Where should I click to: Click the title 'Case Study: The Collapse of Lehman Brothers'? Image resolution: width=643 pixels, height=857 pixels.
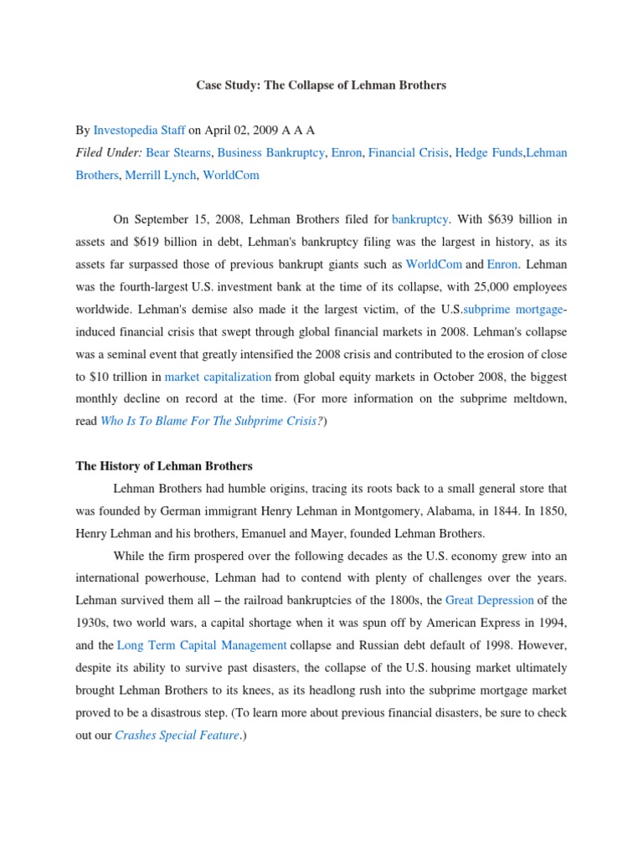[x=321, y=85]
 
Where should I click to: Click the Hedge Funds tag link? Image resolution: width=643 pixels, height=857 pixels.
[x=487, y=153]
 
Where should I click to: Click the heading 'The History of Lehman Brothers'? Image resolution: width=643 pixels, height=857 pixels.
[x=163, y=465]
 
